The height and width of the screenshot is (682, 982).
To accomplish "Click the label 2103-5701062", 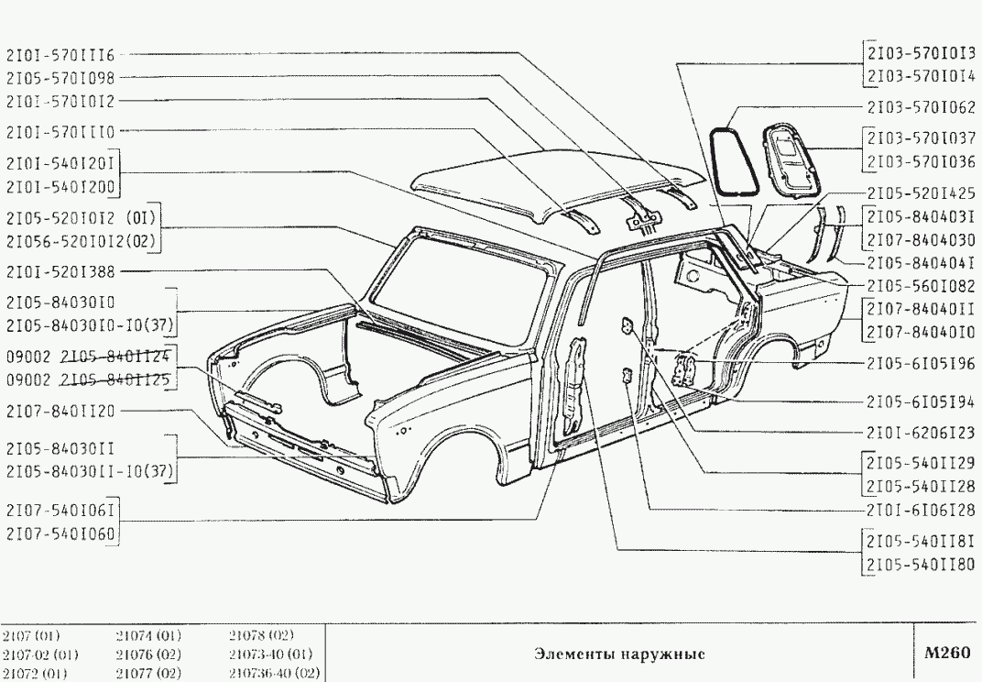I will [x=922, y=104].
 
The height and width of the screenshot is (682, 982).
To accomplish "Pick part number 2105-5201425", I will [x=922, y=192].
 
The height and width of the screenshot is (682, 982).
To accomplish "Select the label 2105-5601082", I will [x=922, y=284].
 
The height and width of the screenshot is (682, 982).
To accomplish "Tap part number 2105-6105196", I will [x=922, y=362].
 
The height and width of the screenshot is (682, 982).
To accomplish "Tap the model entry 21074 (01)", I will [x=149, y=635].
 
